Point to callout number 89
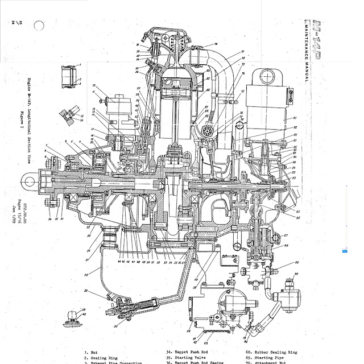coord(296,263)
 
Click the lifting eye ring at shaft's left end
coord(27,182)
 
